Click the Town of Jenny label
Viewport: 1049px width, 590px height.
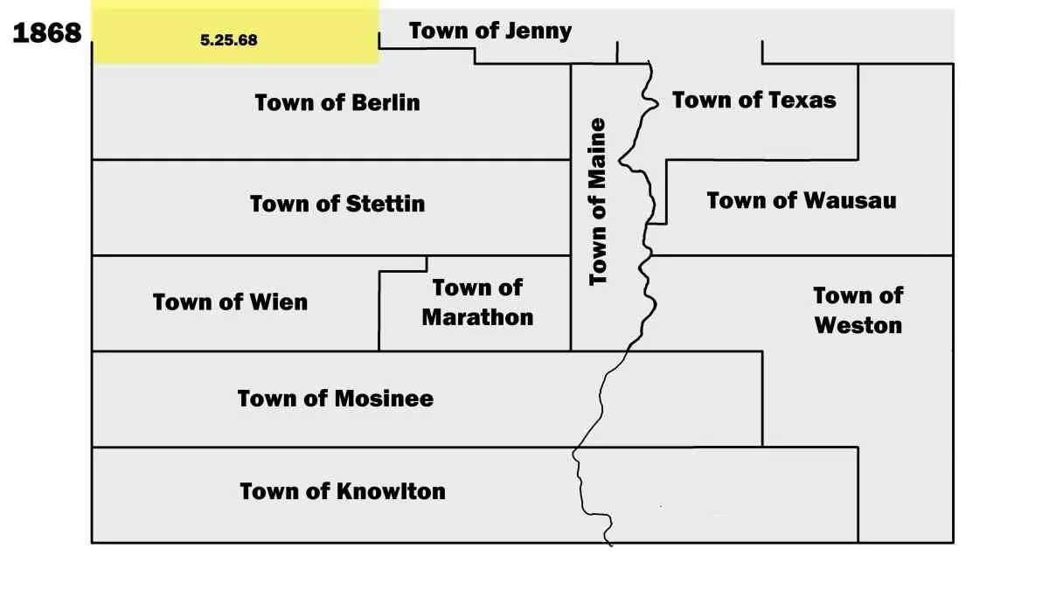pyautogui.click(x=490, y=31)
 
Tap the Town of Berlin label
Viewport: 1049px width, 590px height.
pyautogui.click(x=337, y=103)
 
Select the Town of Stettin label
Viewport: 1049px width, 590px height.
pyautogui.click(x=337, y=205)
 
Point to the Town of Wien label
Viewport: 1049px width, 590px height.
pyautogui.click(x=230, y=302)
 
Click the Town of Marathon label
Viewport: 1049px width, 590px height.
pyautogui.click(x=477, y=302)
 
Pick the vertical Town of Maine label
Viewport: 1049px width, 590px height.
pyautogui.click(x=598, y=202)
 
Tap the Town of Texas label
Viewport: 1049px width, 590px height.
pyautogui.click(x=754, y=101)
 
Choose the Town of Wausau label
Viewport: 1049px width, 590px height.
pyautogui.click(x=802, y=201)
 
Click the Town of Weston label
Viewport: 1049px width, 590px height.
pyautogui.click(x=858, y=310)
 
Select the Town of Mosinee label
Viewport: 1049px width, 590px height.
pyautogui.click(x=336, y=399)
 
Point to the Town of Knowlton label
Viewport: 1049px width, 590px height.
pyautogui.click(x=343, y=491)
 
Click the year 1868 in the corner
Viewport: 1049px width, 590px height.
pyautogui.click(x=46, y=33)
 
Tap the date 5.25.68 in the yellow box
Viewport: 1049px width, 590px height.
pyautogui.click(x=229, y=40)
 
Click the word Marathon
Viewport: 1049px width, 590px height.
pyautogui.click(x=477, y=317)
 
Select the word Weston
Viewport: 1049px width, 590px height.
pyautogui.click(x=858, y=325)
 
